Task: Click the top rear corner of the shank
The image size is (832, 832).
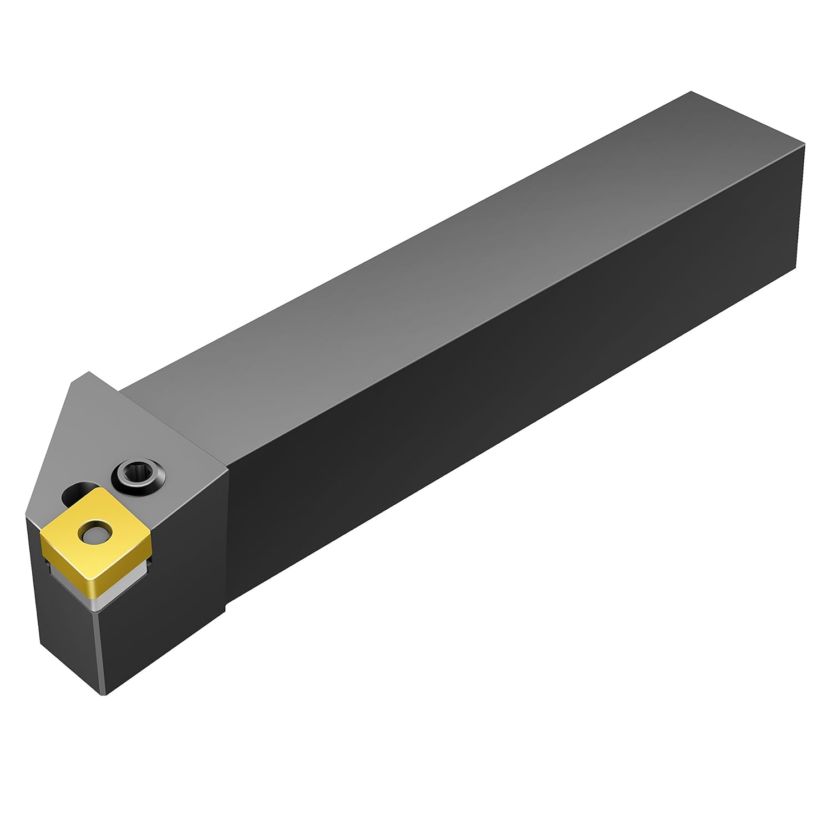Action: [691, 92]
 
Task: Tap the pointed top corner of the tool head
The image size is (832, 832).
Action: [89, 373]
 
